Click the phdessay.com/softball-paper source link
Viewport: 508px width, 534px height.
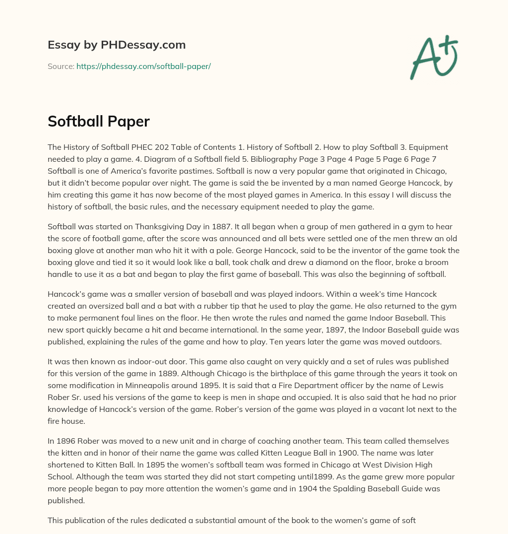point(143,66)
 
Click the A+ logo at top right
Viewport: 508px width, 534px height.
point(433,58)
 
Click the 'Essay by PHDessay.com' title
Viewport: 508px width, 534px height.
point(117,45)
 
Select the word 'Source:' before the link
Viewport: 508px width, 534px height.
point(61,66)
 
